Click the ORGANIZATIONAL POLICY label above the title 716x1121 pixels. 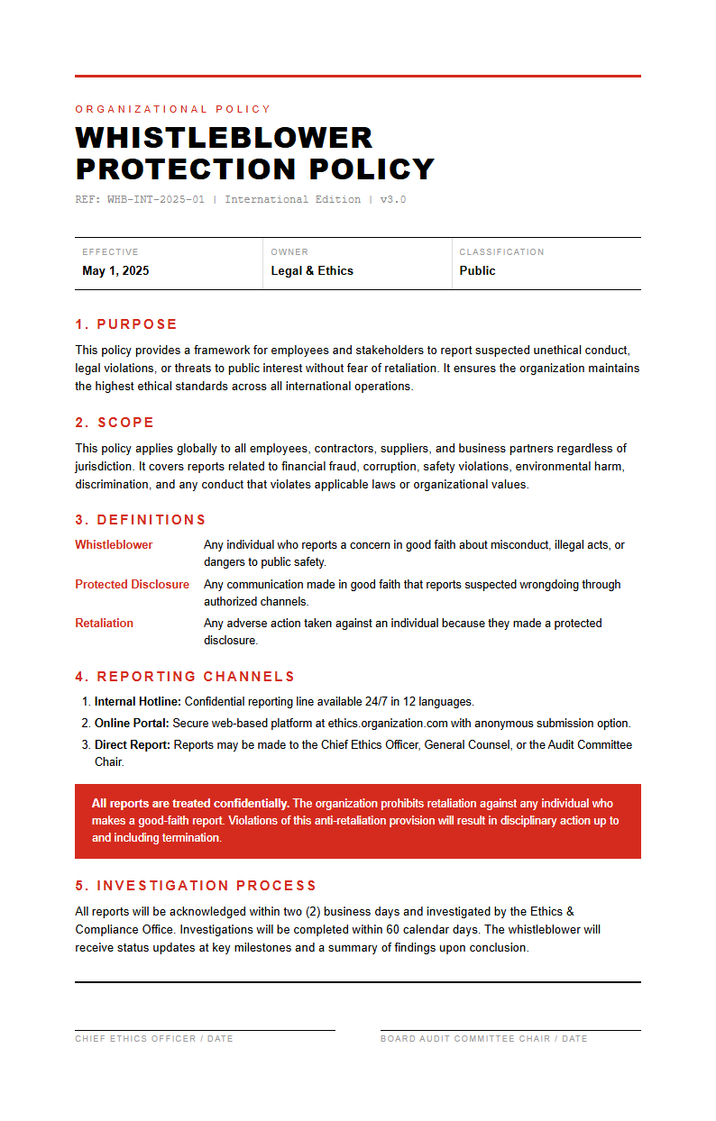point(173,109)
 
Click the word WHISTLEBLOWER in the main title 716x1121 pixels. point(224,138)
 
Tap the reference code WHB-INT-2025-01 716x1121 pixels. point(156,199)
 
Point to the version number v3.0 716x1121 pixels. point(393,199)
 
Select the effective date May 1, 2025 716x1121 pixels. point(115,270)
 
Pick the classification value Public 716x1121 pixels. point(477,270)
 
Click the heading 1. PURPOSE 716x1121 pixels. point(126,324)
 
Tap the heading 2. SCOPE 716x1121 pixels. point(115,423)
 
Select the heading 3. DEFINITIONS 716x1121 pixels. point(141,520)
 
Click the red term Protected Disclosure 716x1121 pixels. point(132,585)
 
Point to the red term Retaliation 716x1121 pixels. point(104,624)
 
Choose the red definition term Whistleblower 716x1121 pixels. point(114,545)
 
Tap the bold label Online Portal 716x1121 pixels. point(132,723)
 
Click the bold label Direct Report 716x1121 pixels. point(133,745)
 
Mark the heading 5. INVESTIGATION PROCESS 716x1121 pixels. point(196,886)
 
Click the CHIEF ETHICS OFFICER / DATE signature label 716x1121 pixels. point(154,1039)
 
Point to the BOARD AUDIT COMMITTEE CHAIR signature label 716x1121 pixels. point(483,1039)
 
